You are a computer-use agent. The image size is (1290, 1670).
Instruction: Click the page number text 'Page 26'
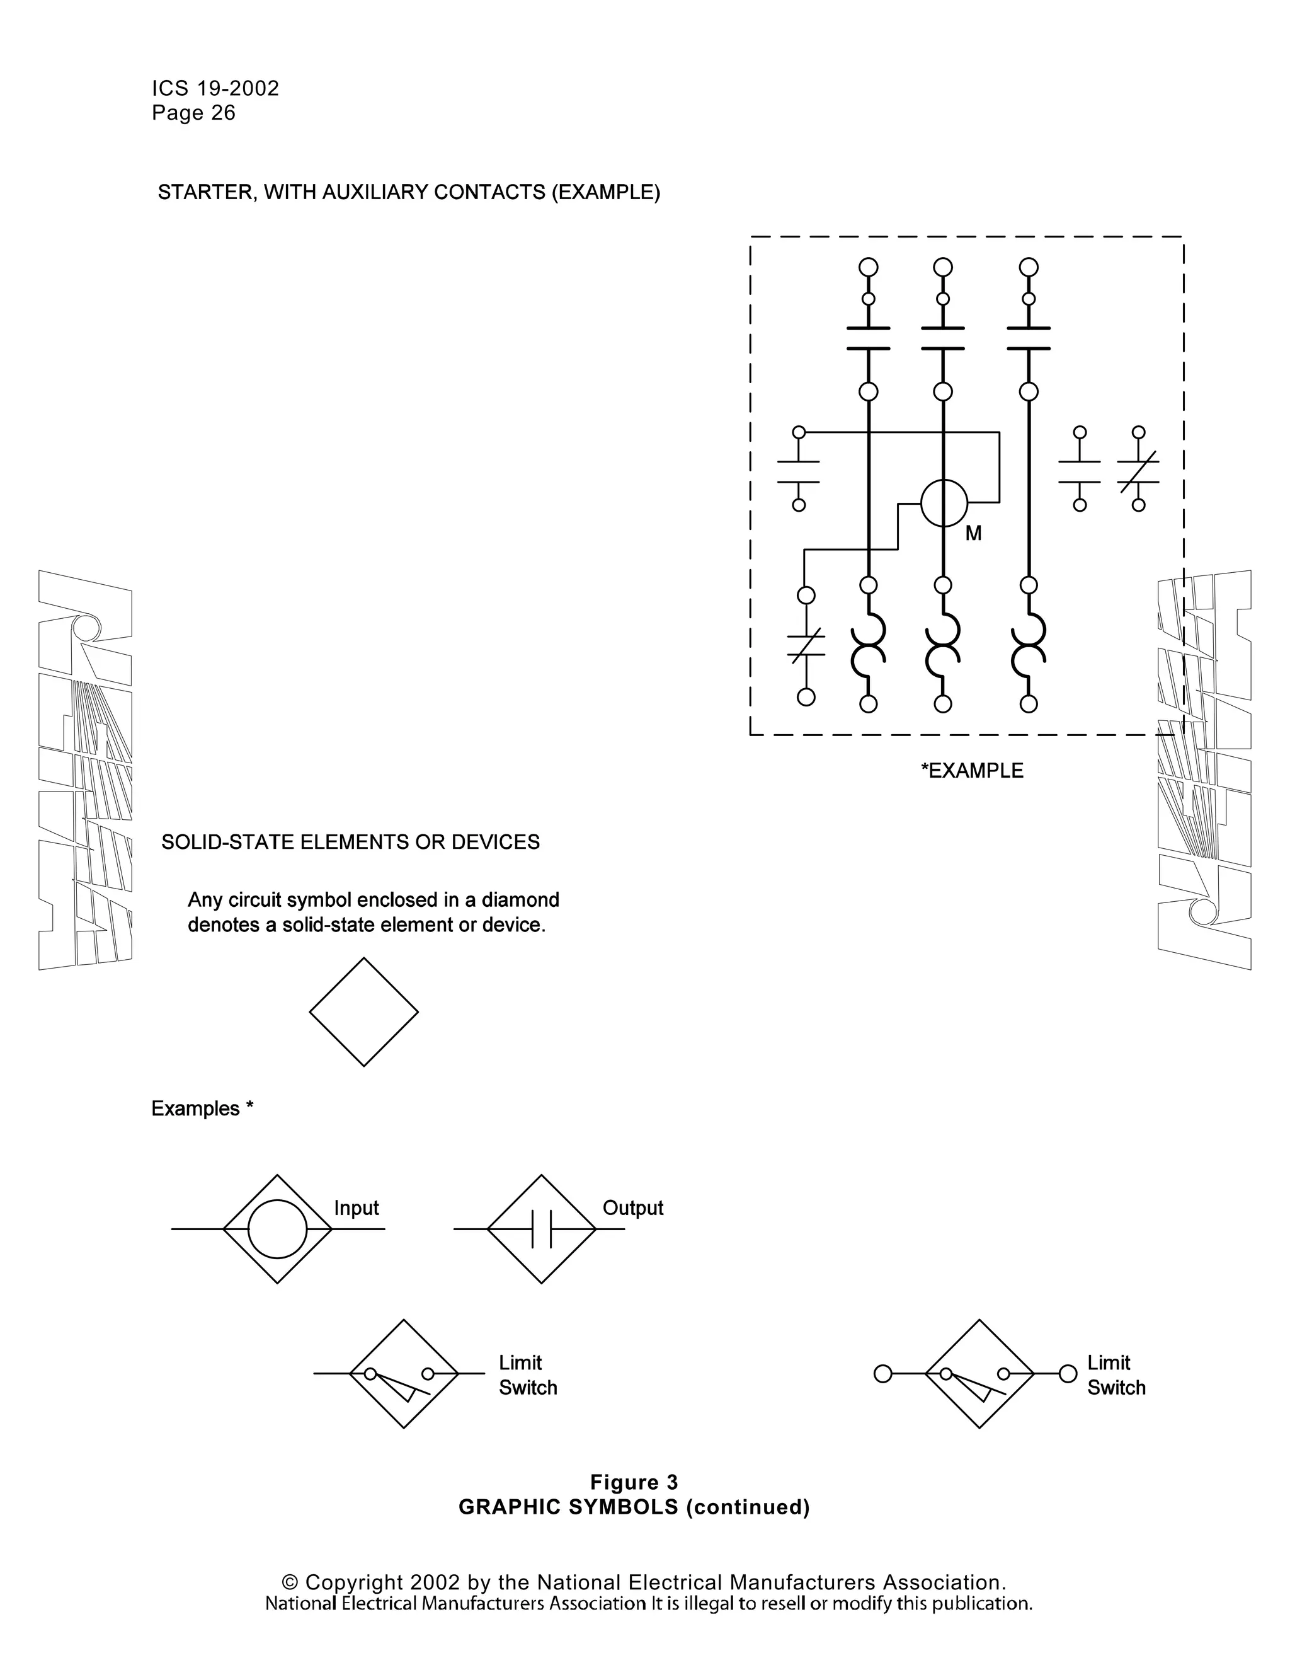tap(193, 113)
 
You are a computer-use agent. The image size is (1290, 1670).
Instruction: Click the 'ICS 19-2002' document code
tap(215, 89)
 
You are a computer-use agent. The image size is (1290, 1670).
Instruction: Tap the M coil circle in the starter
tap(944, 503)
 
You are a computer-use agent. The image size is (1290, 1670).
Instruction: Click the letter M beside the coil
tap(973, 534)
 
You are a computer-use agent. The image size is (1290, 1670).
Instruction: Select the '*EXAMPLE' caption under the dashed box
tap(972, 771)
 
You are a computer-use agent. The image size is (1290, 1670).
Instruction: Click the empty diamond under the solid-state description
tap(364, 1013)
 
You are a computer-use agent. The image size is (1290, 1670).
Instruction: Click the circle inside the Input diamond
tap(277, 1229)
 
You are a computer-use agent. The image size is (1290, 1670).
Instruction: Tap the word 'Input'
tap(356, 1208)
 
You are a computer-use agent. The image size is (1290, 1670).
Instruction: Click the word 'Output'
tap(633, 1208)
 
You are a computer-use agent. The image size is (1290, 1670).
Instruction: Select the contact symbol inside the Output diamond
tap(542, 1229)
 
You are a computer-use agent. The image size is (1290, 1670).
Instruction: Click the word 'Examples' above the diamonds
tap(196, 1109)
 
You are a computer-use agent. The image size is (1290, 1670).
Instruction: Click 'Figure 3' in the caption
tap(634, 1483)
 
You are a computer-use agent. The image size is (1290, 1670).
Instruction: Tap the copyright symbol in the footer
tap(290, 1582)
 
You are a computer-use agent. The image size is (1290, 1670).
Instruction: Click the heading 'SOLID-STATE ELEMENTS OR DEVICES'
tap(350, 842)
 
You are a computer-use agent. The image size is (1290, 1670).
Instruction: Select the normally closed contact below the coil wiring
tap(806, 645)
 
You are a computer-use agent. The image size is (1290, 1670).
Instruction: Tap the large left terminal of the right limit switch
tap(882, 1374)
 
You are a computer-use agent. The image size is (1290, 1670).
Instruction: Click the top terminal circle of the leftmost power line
tap(868, 267)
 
